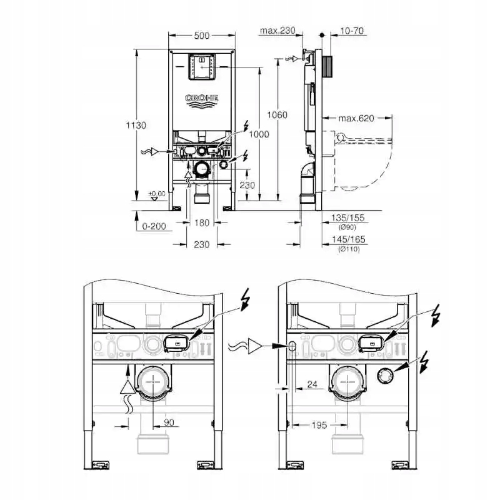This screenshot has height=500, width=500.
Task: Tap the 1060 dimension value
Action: click(x=277, y=114)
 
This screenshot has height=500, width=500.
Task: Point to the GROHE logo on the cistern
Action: click(x=201, y=99)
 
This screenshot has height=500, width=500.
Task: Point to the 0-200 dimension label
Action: click(x=153, y=226)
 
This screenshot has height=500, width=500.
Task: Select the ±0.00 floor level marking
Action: click(x=157, y=194)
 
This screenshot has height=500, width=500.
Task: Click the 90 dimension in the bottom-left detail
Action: click(x=169, y=423)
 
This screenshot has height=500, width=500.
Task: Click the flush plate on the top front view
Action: click(x=201, y=66)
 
